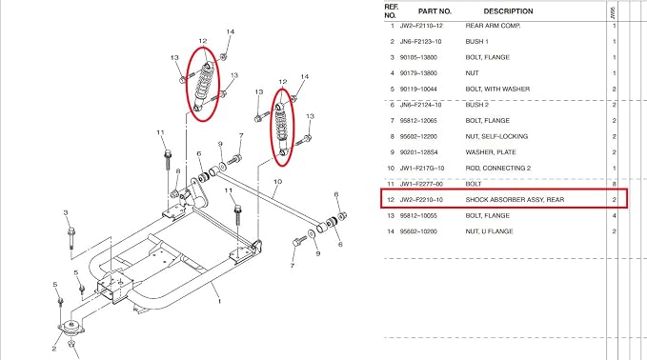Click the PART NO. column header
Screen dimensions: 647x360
(435, 11)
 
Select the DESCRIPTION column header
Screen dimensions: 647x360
(508, 11)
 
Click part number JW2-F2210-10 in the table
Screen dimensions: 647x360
(421, 200)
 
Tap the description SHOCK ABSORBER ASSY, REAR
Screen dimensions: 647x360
(515, 200)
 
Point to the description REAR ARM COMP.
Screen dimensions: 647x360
(493, 26)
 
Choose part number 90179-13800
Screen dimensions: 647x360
(418, 73)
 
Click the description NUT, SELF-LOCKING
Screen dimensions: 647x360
(496, 136)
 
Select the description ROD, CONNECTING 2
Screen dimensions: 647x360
(498, 169)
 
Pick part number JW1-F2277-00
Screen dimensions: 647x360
(421, 184)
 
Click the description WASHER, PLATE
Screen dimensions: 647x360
(491, 152)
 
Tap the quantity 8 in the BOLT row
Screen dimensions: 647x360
(615, 184)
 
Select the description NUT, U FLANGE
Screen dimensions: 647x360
(489, 231)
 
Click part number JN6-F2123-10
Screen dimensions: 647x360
(420, 42)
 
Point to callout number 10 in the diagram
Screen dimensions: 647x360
(277, 182)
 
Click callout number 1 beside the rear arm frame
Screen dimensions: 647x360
(219, 302)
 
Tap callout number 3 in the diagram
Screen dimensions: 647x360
(66, 212)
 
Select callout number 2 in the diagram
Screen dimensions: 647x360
(54, 349)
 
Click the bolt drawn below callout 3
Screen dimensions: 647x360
(71, 237)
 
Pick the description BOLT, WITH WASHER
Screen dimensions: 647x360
(497, 90)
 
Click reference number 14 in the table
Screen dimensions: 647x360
(391, 231)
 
